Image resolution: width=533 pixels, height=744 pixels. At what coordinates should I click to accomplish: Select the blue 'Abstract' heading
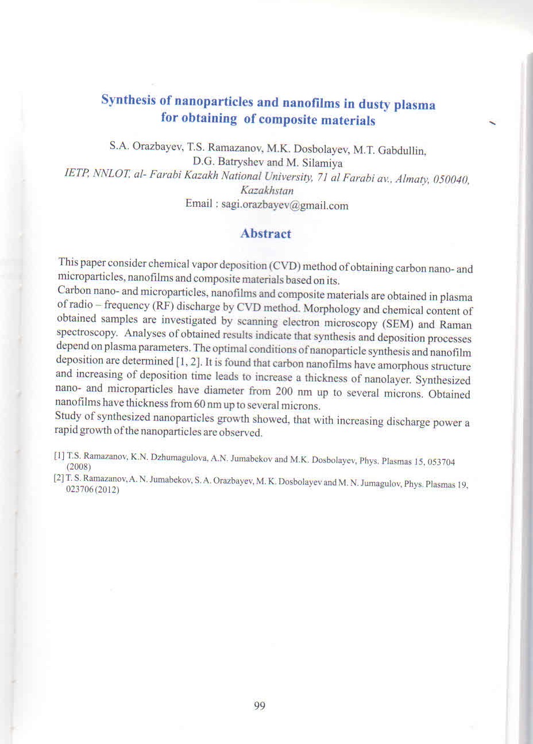(265, 233)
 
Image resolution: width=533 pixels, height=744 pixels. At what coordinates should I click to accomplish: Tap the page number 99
(259, 706)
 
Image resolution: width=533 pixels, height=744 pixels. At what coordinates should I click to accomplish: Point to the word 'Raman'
(455, 325)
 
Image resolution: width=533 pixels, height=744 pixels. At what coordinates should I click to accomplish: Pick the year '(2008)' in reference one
(79, 468)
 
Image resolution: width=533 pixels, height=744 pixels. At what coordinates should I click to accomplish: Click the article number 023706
(86, 492)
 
